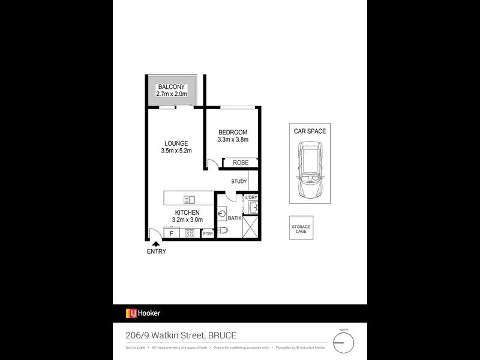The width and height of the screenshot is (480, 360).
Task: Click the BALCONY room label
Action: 172,87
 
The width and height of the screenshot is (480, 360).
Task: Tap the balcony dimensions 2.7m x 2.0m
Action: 172,94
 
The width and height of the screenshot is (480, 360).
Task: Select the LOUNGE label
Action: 176,143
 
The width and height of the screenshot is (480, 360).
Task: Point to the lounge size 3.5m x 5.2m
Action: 176,151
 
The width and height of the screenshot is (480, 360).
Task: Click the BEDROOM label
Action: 233,133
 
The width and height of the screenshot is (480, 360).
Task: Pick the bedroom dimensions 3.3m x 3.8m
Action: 233,140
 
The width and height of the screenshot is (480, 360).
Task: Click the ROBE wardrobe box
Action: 240,163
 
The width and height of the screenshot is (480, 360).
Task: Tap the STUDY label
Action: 239,181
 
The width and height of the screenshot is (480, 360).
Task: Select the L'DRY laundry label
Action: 251,197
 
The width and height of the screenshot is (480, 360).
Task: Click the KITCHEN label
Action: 187,212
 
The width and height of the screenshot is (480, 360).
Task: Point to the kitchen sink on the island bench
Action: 189,199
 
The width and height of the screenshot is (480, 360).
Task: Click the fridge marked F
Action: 172,233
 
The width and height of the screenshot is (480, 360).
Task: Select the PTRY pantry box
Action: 208,233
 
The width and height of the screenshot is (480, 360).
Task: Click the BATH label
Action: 234,218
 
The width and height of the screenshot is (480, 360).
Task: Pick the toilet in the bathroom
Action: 223,230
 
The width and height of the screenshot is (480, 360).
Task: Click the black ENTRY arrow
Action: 156,244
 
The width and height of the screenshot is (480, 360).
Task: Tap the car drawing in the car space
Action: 310,171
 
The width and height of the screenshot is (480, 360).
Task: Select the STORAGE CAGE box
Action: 301,228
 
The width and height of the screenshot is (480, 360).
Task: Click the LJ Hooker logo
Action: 143,313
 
